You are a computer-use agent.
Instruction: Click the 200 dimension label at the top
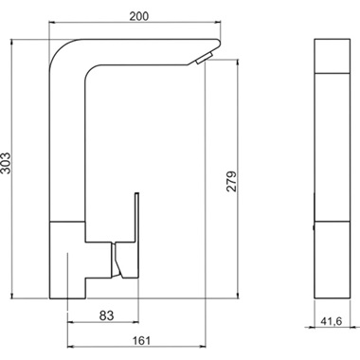(x=139, y=16)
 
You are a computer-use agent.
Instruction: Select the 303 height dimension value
(x=6, y=163)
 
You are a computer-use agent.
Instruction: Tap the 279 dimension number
(x=232, y=181)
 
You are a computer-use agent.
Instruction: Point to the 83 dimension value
(x=106, y=315)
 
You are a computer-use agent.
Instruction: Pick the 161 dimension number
(x=141, y=340)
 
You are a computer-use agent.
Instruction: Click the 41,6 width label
(x=332, y=321)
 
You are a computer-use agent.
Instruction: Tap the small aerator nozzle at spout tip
(x=204, y=58)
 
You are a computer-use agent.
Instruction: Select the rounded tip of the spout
(x=217, y=43)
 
